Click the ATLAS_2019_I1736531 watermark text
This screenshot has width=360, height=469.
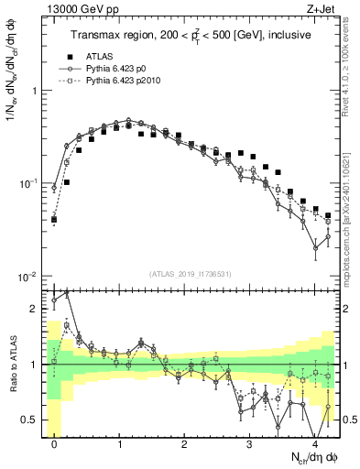coord(191,274)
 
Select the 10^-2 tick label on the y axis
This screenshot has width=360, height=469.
coord(27,278)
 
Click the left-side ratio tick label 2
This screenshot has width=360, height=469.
coord(34,309)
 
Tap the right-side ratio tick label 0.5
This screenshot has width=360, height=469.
coord(349,420)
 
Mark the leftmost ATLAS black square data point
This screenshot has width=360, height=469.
coord(54,220)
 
